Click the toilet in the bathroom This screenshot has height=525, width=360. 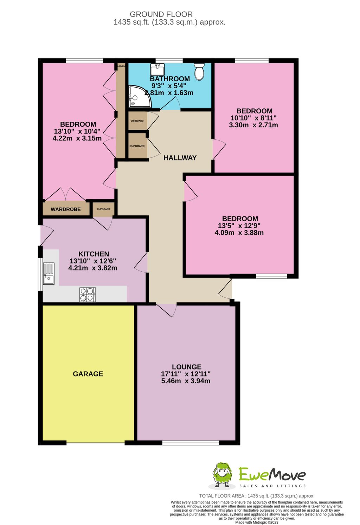(x=199, y=71)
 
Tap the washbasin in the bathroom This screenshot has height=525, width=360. (x=158, y=69)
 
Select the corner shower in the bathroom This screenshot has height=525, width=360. (x=139, y=97)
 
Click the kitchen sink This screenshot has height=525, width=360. (x=49, y=273)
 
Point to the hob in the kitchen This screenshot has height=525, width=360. (x=88, y=295)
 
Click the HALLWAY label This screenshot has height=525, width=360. (x=180, y=158)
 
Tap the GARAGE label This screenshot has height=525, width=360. (x=88, y=374)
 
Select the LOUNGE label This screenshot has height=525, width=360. (x=187, y=367)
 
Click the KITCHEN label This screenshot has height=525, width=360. (x=94, y=254)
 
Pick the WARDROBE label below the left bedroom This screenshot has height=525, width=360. (x=66, y=209)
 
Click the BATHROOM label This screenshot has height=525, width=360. (x=170, y=79)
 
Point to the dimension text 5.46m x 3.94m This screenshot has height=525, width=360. (x=186, y=381)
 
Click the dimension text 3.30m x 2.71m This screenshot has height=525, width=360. (x=253, y=125)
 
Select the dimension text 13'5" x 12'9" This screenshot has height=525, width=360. (x=239, y=226)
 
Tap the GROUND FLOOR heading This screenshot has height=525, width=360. (x=161, y=14)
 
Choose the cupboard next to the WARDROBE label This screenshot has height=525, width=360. (x=103, y=209)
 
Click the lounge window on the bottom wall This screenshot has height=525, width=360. (x=191, y=443)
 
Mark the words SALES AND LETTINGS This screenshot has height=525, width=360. (x=272, y=486)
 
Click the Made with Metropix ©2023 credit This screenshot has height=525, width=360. (x=257, y=523)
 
